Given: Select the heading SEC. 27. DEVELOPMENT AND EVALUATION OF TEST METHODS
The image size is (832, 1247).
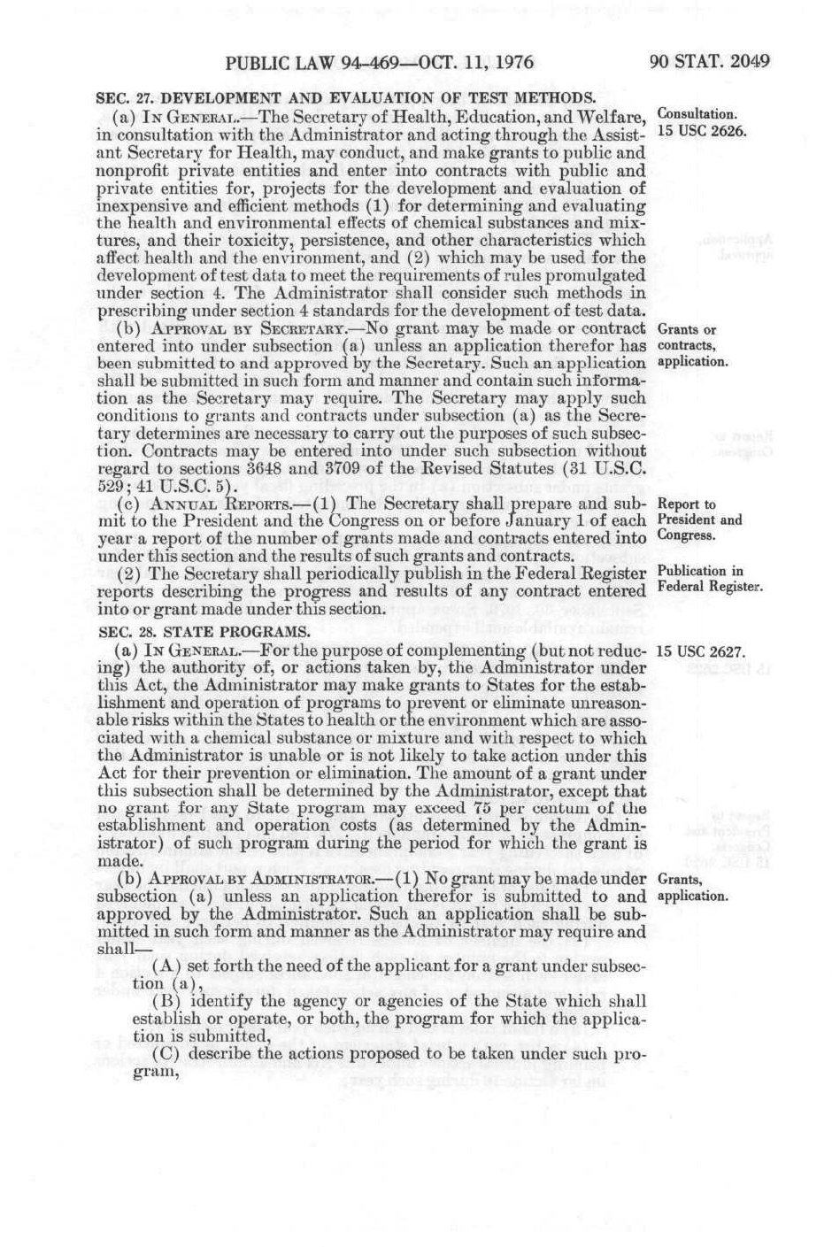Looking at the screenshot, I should [x=345, y=98].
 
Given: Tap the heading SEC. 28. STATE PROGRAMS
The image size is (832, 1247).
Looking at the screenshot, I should [x=203, y=632].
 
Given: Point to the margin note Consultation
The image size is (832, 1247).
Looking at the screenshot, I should [x=697, y=114].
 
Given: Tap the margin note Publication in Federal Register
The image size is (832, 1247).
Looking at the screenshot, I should [x=710, y=579].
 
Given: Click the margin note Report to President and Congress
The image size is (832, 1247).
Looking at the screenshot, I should [x=700, y=520].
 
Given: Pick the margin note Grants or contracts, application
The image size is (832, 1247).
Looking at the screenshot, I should [x=693, y=345].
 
